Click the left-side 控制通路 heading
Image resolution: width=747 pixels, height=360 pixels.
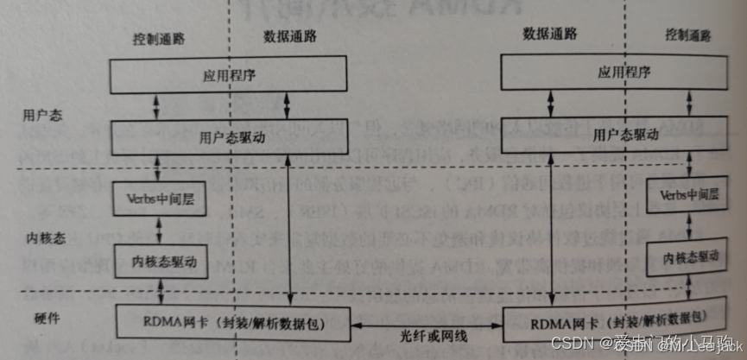[160, 40]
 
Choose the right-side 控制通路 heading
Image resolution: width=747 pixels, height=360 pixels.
[689, 35]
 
